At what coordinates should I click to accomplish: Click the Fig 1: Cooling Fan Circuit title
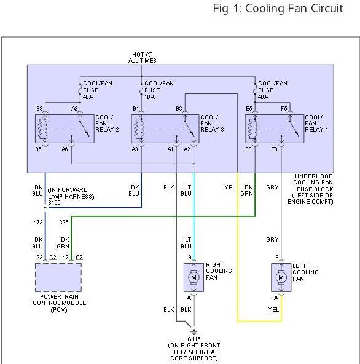(x=278, y=9)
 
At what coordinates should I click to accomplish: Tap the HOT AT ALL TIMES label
(x=142, y=57)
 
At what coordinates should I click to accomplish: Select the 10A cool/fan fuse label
(x=159, y=90)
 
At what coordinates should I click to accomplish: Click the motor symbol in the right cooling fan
(x=194, y=277)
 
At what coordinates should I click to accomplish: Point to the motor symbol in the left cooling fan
(x=281, y=277)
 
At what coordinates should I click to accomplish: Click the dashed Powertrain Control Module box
(x=58, y=277)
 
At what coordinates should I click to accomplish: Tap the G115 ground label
(x=194, y=339)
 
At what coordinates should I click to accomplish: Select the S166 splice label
(x=54, y=203)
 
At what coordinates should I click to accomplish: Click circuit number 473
(x=38, y=223)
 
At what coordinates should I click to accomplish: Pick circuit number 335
(x=64, y=223)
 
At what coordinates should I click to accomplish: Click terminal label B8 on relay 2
(x=39, y=109)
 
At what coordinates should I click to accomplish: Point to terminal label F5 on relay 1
(x=284, y=109)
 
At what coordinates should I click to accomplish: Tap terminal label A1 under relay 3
(x=170, y=149)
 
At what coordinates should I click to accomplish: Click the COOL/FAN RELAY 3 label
(x=212, y=123)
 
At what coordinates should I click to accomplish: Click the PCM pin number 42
(x=65, y=258)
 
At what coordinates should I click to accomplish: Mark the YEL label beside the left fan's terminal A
(x=273, y=309)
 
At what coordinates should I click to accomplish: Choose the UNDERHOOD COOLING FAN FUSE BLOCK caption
(x=310, y=189)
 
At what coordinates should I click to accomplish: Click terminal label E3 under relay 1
(x=274, y=149)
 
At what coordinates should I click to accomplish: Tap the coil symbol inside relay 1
(x=252, y=129)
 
